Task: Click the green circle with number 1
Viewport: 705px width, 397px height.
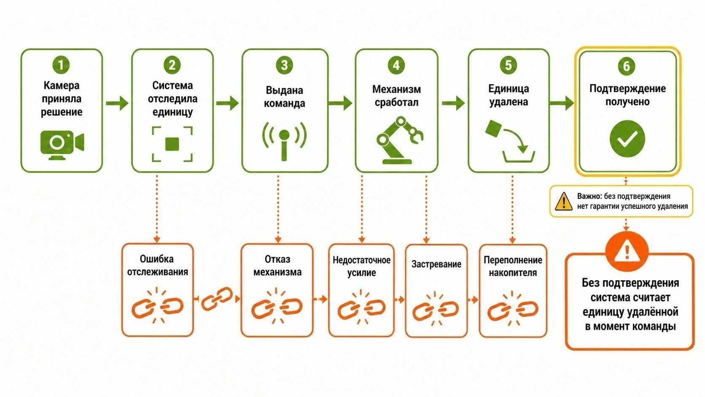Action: (61, 65)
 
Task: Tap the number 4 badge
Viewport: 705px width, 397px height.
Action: (396, 65)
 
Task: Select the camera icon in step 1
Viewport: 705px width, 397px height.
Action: (62, 145)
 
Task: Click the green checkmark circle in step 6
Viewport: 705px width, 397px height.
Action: (627, 139)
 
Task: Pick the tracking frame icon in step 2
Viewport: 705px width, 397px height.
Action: (172, 144)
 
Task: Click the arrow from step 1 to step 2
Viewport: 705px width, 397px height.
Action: (117, 103)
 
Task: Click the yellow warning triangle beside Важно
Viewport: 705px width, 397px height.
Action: (564, 202)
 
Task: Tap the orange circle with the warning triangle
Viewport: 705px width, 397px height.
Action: (627, 251)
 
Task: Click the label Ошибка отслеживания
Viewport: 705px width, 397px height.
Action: (157, 265)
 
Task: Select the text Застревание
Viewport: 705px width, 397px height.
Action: (436, 264)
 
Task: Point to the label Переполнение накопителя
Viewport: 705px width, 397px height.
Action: (513, 266)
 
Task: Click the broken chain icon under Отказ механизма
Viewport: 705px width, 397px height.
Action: (277, 306)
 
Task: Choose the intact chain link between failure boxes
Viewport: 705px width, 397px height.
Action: (217, 298)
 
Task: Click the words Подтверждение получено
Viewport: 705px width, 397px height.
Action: (627, 95)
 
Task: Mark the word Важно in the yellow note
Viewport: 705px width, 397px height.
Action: (589, 196)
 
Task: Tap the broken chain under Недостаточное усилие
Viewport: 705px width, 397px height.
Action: (361, 307)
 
